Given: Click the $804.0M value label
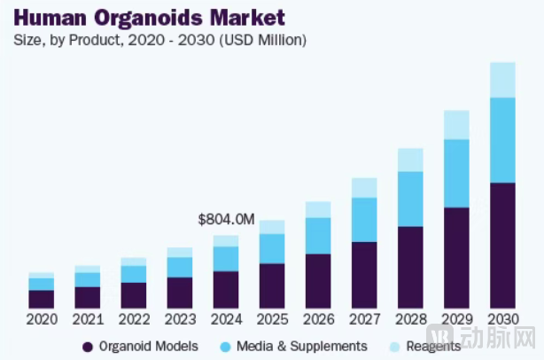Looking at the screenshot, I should (226, 218).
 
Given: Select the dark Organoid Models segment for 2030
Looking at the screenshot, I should (502, 244).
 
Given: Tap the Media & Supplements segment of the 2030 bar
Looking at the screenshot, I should (502, 140).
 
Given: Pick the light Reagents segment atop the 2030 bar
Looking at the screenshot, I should (502, 80).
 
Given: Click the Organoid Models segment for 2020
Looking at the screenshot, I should (42, 298).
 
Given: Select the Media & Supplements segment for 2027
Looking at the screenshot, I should (364, 219).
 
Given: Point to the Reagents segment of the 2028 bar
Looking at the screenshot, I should (410, 160).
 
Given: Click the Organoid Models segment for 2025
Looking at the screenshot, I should (272, 285).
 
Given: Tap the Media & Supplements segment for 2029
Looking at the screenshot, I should (456, 173).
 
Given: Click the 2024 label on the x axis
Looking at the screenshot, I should (226, 319).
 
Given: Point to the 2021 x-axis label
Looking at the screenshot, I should (88, 319).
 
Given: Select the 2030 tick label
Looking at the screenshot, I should (502, 319).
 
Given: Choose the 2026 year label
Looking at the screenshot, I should (318, 319).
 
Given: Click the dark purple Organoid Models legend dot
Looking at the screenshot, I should (88, 346).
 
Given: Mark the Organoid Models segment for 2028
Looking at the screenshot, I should (410, 266).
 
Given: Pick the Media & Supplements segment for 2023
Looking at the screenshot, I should (180, 267).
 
